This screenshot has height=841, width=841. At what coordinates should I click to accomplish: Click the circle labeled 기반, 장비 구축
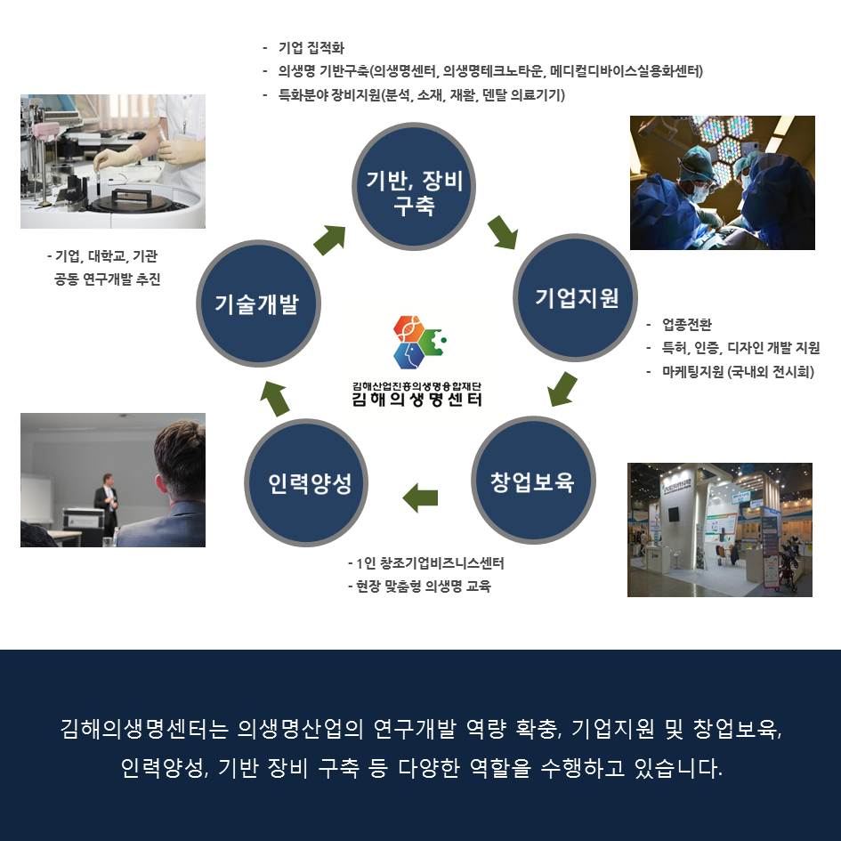[x=414, y=186]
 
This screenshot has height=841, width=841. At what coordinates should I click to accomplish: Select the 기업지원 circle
[x=576, y=297]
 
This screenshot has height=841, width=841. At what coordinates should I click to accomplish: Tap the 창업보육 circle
[x=533, y=480]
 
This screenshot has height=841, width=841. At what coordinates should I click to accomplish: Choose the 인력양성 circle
[x=306, y=482]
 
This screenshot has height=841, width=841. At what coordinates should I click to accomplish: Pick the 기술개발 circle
[x=258, y=303]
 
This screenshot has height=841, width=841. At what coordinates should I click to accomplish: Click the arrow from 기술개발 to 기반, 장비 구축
[x=330, y=239]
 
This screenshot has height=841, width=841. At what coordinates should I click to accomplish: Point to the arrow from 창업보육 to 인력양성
[x=420, y=497]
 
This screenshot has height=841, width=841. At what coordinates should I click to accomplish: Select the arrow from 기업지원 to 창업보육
[x=562, y=389]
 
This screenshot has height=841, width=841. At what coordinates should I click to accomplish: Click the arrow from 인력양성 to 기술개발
[x=275, y=398]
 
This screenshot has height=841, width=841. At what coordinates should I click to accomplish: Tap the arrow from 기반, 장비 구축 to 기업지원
[x=503, y=232]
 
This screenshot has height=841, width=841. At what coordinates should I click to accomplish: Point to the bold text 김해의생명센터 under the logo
[x=416, y=400]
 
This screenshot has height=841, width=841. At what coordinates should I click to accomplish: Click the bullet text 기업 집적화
[x=311, y=48]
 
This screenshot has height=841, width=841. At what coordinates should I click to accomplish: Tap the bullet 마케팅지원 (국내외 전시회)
[x=738, y=371]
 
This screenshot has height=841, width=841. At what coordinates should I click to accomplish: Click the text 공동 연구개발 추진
[x=108, y=279]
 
